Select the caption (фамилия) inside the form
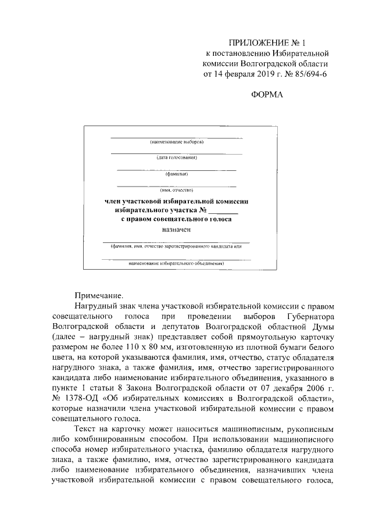tap(176, 173)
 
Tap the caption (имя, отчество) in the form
tap(176, 189)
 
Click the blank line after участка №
tap(224, 210)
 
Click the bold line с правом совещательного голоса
tap(176, 220)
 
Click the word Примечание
tap(99, 295)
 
